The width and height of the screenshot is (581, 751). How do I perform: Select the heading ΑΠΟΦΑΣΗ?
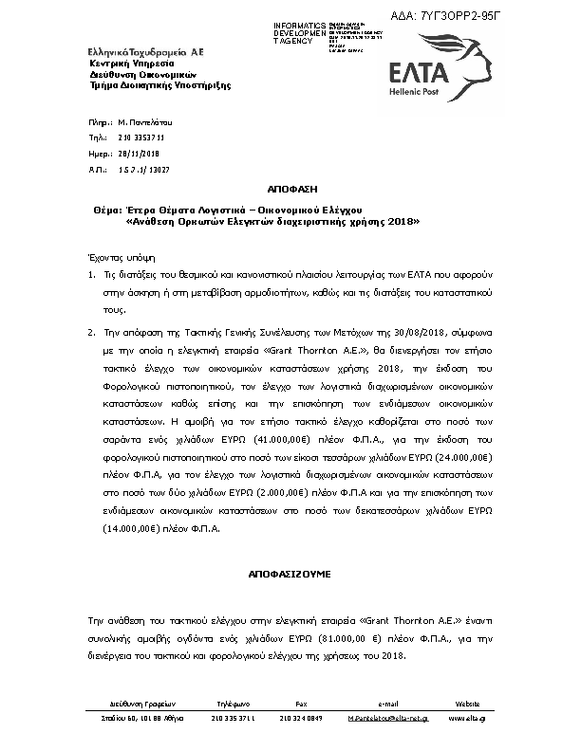pyautogui.click(x=290, y=189)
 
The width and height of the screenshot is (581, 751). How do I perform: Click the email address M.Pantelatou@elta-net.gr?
pyautogui.click(x=387, y=718)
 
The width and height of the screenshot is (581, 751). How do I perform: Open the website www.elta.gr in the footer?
pyautogui.click(x=467, y=718)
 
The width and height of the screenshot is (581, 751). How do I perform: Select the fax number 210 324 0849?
pyautogui.click(x=301, y=718)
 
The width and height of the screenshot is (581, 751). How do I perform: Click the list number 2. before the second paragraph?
pyautogui.click(x=92, y=334)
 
